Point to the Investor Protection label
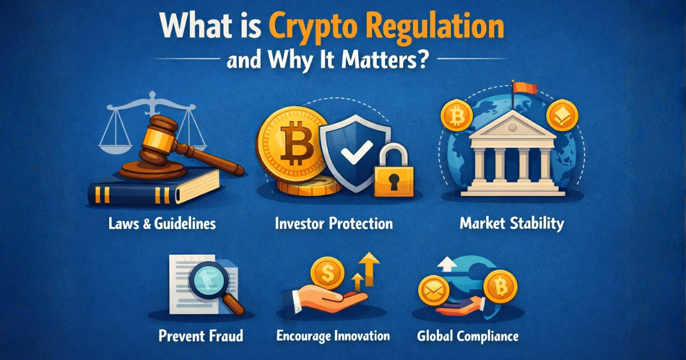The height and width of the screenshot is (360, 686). pos(334,223)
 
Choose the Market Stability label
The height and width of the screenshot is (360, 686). pos(511,223)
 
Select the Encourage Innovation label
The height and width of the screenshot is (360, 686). pos(333,335)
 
